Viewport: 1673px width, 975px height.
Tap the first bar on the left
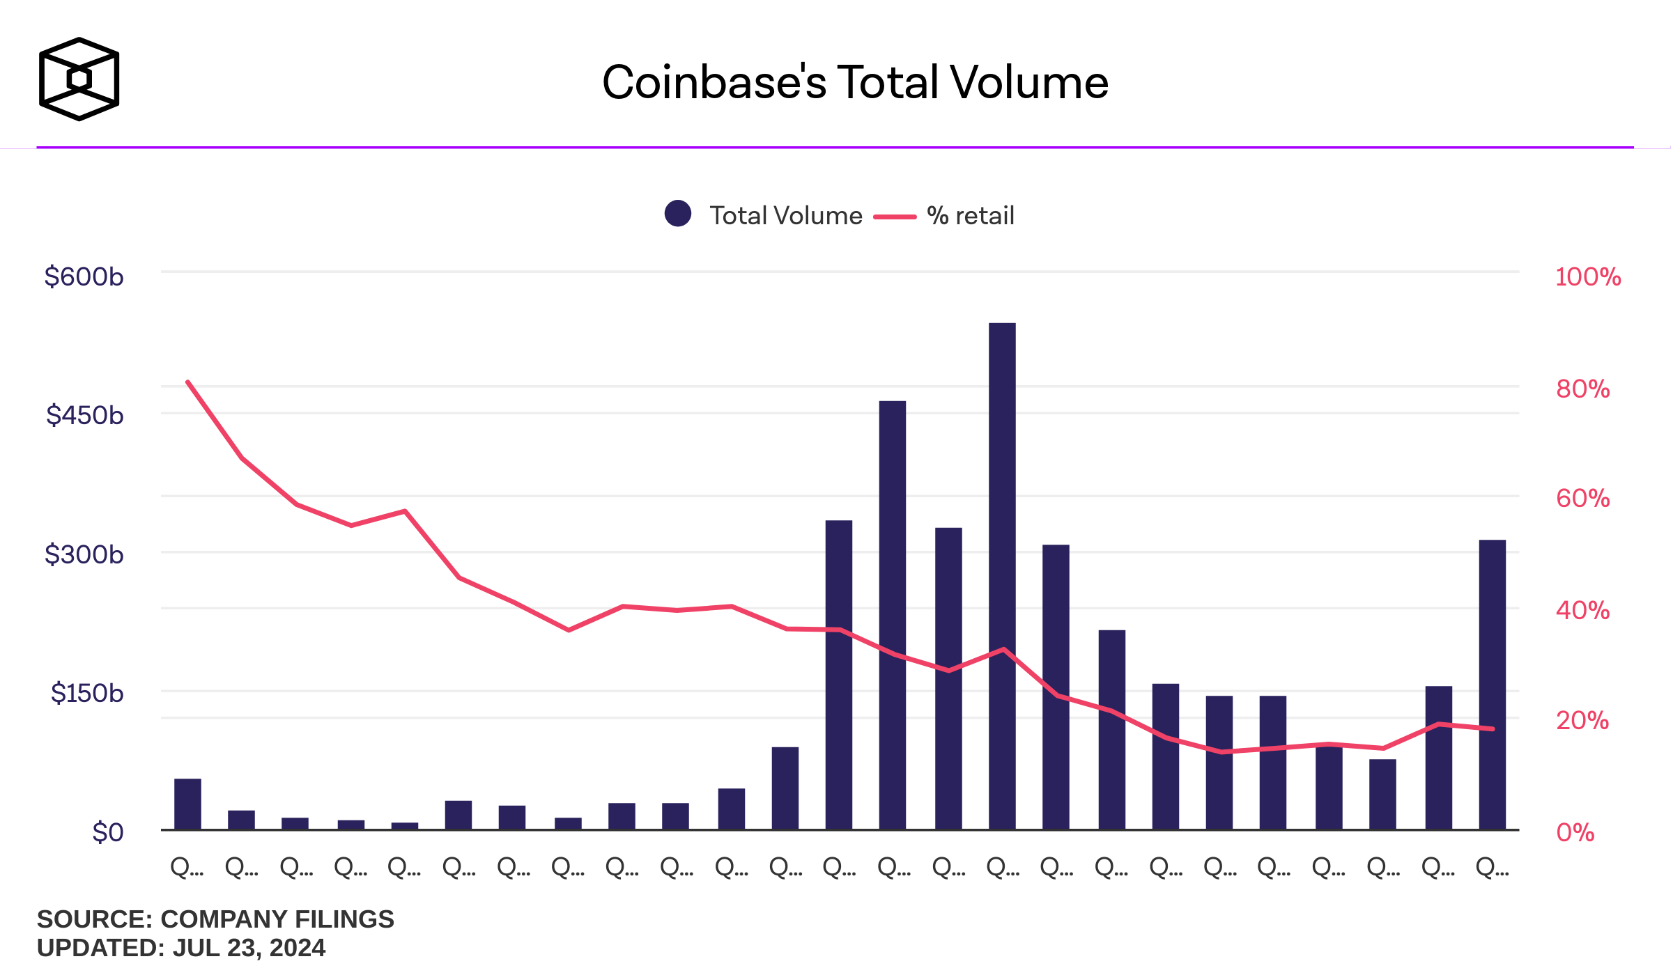pos(187,804)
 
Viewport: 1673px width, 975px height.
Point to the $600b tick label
pos(84,276)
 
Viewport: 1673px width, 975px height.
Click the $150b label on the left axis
pos(86,693)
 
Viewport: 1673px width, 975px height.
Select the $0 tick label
pos(107,832)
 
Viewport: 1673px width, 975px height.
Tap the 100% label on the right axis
pos(1588,276)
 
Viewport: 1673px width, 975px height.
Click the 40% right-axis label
pos(1582,611)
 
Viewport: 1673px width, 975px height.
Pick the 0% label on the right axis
pos(1575,832)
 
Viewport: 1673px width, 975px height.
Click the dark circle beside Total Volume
pos(677,214)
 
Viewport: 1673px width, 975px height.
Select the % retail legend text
pos(970,216)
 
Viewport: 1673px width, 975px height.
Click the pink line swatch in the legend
pos(895,217)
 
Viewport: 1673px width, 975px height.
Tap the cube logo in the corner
pos(79,79)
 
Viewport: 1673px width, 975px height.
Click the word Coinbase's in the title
pos(714,82)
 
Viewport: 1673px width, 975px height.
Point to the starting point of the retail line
pos(188,382)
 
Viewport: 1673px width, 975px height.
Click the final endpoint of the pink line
pos(1493,729)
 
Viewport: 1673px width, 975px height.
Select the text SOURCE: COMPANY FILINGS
pos(215,919)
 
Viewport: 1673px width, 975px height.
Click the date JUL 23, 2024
pos(249,948)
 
